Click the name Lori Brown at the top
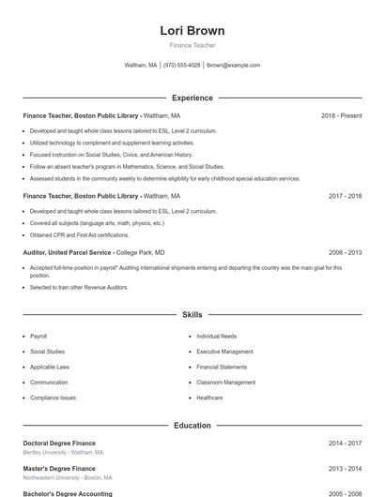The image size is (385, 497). (x=192, y=31)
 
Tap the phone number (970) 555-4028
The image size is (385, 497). (x=181, y=66)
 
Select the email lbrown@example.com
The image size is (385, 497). (x=233, y=66)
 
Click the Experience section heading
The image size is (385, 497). (x=192, y=98)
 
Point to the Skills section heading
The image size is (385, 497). (x=192, y=315)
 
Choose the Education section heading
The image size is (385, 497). (x=192, y=425)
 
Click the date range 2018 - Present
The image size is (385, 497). (x=341, y=116)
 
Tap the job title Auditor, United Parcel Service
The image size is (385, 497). (x=68, y=252)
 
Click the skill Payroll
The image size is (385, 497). (x=38, y=336)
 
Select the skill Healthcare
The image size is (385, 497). (x=209, y=398)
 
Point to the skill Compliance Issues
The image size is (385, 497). (x=53, y=398)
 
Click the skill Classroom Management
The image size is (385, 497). (x=225, y=383)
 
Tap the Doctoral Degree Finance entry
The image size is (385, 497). (x=59, y=443)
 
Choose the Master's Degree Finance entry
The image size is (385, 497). (x=59, y=468)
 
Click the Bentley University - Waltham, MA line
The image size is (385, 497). (x=63, y=452)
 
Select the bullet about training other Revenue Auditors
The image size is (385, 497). (x=79, y=287)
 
